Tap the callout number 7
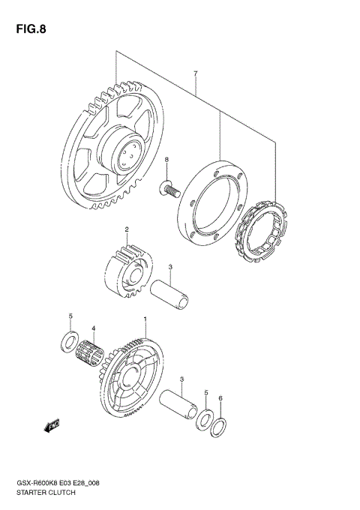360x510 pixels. point(195,73)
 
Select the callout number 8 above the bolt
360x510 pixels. point(167,160)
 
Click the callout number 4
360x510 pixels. point(93,328)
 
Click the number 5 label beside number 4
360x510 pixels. point(70,316)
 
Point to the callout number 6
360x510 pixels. point(220,398)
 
